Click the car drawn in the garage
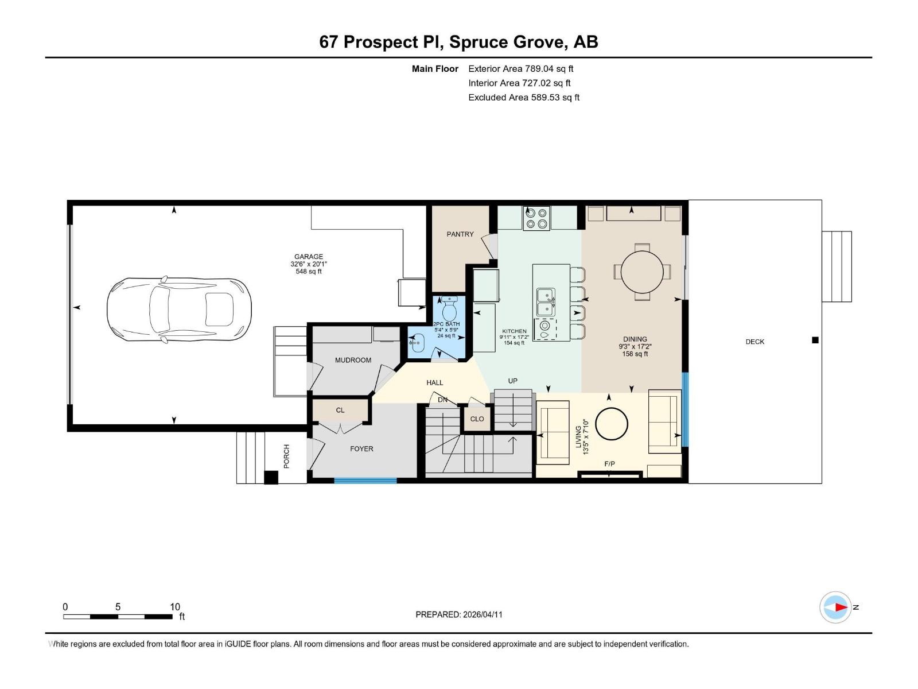pyautogui.click(x=179, y=309)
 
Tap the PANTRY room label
pyautogui.click(x=460, y=234)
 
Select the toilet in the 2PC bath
pyautogui.click(x=449, y=311)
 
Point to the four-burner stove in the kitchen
pyautogui.click(x=536, y=218)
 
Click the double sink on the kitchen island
pyautogui.click(x=546, y=302)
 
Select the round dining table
pyautogui.click(x=642, y=272)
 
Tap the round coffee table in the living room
pyautogui.click(x=612, y=424)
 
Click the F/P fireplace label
pyautogui.click(x=609, y=464)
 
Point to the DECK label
pyautogui.click(x=754, y=342)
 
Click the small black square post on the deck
pyautogui.click(x=815, y=340)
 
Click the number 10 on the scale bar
pyautogui.click(x=175, y=607)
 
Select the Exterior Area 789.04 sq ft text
pyautogui.click(x=520, y=69)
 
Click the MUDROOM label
pyautogui.click(x=353, y=360)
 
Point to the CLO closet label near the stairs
pyautogui.click(x=477, y=419)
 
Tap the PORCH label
pyautogui.click(x=286, y=456)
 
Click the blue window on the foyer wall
pyautogui.click(x=365, y=480)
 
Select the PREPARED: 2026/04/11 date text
pyautogui.click(x=458, y=614)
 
